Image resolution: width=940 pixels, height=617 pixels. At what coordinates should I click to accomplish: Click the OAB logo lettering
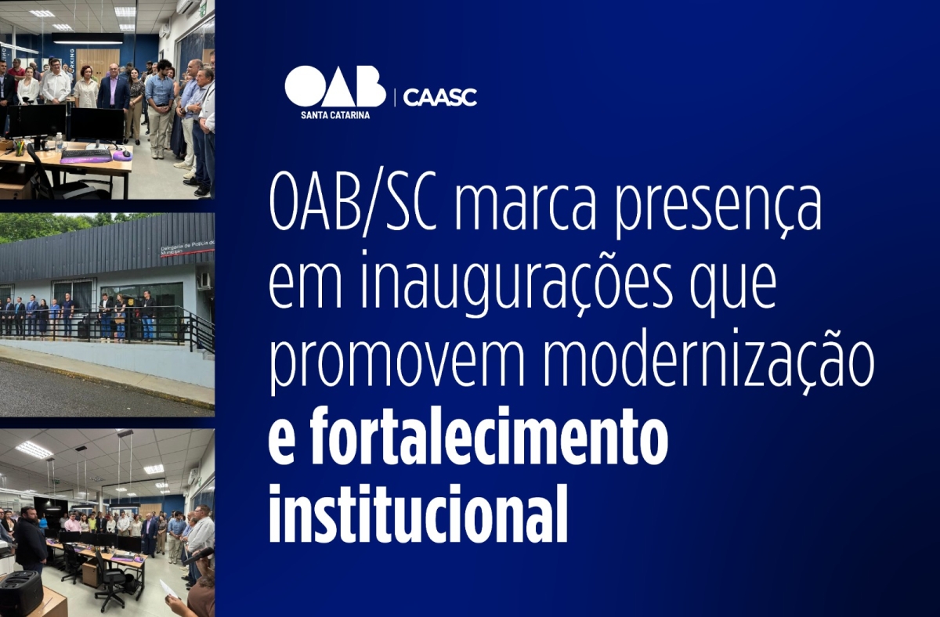[x=335, y=87]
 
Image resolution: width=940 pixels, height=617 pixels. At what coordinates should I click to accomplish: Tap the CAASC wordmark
[x=439, y=97]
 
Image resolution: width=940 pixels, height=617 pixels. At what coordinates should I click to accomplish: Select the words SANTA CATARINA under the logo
[x=335, y=115]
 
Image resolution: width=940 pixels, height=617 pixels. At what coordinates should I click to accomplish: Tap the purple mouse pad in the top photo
[x=122, y=156]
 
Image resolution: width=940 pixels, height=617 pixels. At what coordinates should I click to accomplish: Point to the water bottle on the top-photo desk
[x=60, y=142]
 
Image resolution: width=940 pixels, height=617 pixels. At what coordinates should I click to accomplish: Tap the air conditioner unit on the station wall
[x=204, y=279]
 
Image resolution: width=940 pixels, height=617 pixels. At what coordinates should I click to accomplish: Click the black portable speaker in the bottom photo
[x=21, y=592]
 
